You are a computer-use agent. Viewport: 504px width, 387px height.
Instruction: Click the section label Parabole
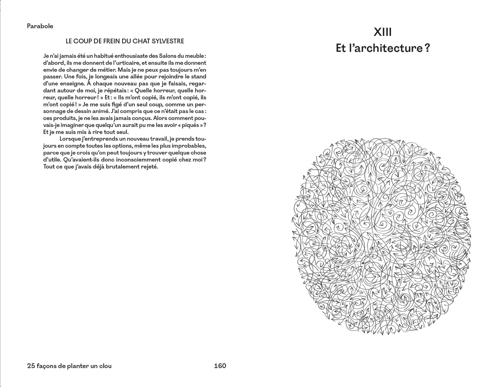point(40,26)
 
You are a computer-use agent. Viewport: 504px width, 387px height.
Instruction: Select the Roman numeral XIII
point(383,33)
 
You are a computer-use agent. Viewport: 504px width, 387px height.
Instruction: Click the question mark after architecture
point(427,48)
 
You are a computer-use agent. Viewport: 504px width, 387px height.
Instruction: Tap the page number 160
point(220,366)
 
